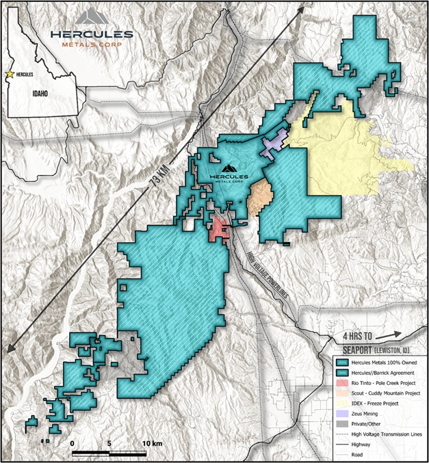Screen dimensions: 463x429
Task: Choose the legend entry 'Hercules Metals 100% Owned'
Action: [x=385, y=361]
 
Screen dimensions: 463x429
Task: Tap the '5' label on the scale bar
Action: [x=109, y=443]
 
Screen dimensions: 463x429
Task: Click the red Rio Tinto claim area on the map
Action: [x=218, y=228]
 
